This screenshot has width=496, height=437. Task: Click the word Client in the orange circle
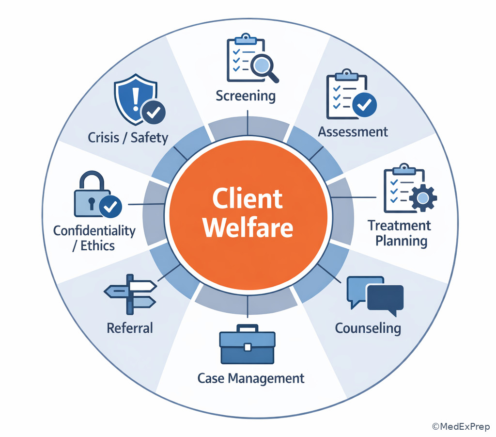248,198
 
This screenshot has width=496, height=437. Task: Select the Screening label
246,96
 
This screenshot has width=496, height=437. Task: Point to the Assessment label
353,132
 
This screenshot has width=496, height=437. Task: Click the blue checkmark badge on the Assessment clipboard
364,105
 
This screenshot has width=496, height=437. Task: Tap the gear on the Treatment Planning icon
423,198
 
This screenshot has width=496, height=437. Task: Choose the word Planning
401,241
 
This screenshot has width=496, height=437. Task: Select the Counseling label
368,328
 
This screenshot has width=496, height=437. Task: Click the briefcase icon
248,344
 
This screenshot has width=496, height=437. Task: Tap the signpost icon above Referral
130,294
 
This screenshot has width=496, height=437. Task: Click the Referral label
130,328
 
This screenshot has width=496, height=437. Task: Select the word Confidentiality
94,231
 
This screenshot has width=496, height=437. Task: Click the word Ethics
97,246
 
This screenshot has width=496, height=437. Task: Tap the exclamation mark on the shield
136,99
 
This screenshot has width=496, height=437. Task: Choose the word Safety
149,138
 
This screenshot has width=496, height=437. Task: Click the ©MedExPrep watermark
461,426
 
